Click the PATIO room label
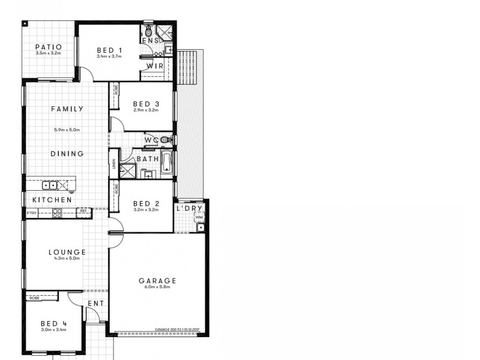(48, 46)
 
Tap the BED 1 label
(110, 50)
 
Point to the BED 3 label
(145, 104)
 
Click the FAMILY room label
(67, 109)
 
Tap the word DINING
(67, 154)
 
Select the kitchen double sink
(49, 185)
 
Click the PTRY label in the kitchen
(31, 212)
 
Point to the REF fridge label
(83, 211)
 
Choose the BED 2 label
(145, 204)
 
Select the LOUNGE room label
(67, 253)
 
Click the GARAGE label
(157, 280)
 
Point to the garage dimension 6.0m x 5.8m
(157, 287)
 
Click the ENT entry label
(95, 304)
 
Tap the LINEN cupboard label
(113, 163)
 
